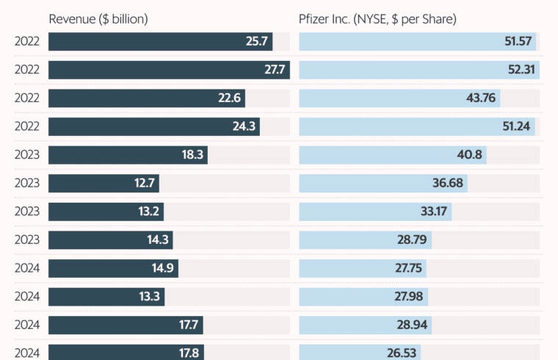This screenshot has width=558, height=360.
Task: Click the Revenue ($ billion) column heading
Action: click(x=98, y=19)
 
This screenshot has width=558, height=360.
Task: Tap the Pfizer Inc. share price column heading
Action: click(x=377, y=19)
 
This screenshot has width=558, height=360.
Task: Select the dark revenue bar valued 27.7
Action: click(x=169, y=70)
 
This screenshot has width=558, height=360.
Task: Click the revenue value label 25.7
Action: click(x=258, y=42)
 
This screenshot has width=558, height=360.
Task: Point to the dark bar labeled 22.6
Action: click(x=147, y=98)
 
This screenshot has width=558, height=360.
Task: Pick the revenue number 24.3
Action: click(x=244, y=126)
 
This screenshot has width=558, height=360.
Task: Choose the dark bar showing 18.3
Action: click(x=128, y=155)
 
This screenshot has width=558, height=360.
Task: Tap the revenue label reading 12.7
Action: click(x=145, y=183)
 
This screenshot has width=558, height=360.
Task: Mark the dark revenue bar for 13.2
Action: click(x=106, y=212)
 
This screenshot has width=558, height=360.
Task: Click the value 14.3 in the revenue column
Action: click(x=158, y=240)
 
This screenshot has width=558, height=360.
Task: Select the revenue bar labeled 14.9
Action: click(x=113, y=268)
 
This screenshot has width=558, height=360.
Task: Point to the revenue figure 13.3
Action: click(x=150, y=296)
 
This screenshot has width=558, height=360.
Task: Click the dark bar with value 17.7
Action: click(x=126, y=325)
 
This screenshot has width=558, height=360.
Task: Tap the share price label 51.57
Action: click(x=518, y=42)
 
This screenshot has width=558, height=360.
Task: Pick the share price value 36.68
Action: click(x=448, y=183)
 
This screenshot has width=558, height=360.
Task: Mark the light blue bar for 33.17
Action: click(x=375, y=212)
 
